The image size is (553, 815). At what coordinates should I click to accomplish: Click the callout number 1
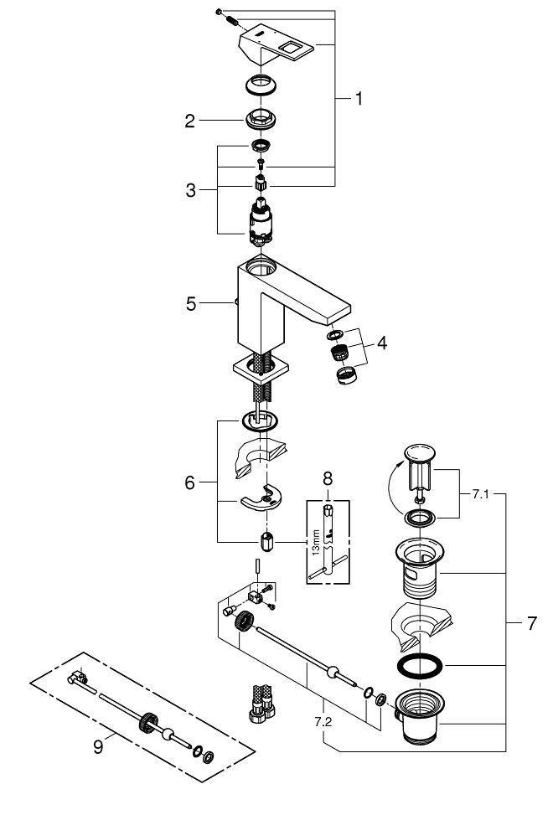click(359, 98)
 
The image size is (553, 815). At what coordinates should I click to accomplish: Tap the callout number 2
click(189, 121)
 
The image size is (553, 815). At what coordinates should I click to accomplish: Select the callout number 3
click(191, 190)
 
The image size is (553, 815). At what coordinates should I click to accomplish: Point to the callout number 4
click(382, 343)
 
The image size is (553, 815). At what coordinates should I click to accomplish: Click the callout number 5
click(191, 303)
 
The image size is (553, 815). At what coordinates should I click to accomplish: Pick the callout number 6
click(189, 482)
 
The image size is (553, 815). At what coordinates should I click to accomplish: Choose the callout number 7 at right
click(531, 623)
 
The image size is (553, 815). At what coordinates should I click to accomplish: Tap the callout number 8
click(328, 478)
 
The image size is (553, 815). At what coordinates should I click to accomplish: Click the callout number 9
click(98, 747)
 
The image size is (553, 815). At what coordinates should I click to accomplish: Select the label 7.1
click(481, 494)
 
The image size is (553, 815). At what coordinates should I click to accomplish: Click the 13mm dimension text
click(316, 543)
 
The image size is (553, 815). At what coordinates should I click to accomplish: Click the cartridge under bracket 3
click(261, 222)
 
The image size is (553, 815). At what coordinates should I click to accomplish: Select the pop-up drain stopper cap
click(420, 451)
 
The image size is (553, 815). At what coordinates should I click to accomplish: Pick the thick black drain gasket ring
click(420, 666)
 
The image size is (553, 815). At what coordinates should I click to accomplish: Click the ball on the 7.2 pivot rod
click(332, 673)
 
